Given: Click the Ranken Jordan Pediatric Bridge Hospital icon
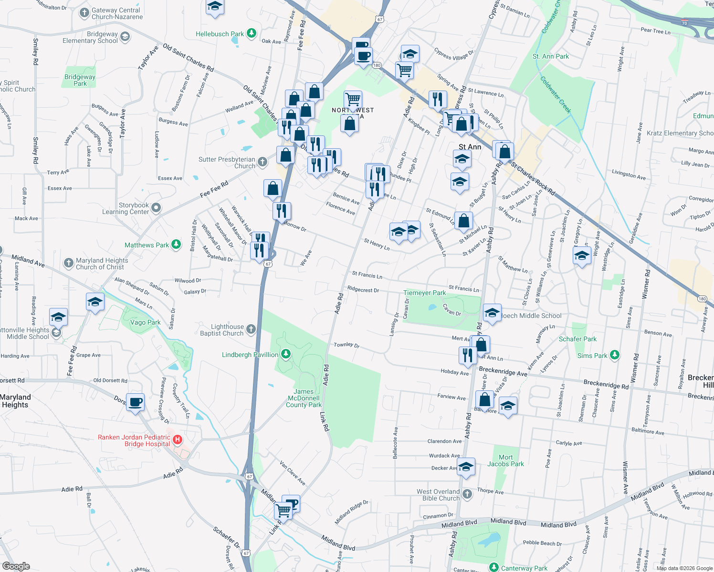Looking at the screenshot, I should coord(178,439).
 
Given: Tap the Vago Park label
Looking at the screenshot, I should coord(145,322).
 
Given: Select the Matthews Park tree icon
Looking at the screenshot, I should coord(176,245).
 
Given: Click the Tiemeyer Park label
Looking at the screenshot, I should coord(424,293).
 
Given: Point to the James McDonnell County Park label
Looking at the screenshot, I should coord(304,398).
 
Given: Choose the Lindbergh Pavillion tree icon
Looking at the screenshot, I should coord(285,354).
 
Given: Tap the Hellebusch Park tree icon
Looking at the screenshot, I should coord(252,33).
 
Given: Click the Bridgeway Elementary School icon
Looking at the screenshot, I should coord(125,37).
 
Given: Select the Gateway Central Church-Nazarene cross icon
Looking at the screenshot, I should coord(84,13).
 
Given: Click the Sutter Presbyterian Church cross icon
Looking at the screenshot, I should coord(262,162).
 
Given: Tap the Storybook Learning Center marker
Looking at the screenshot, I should coord(156,208).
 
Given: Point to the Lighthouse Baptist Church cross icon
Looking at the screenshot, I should coord(251,329).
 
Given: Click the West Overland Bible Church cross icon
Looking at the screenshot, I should coord(467,494).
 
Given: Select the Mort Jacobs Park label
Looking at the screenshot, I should coord(505,460).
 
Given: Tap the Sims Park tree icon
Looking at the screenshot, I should coord(615,355).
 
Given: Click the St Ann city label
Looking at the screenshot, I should coord(470,147).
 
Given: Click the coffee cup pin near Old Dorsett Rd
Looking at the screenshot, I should coord(136,402).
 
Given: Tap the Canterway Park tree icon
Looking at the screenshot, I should coord(494,567).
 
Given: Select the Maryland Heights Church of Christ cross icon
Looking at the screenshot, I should coord(69,263).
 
